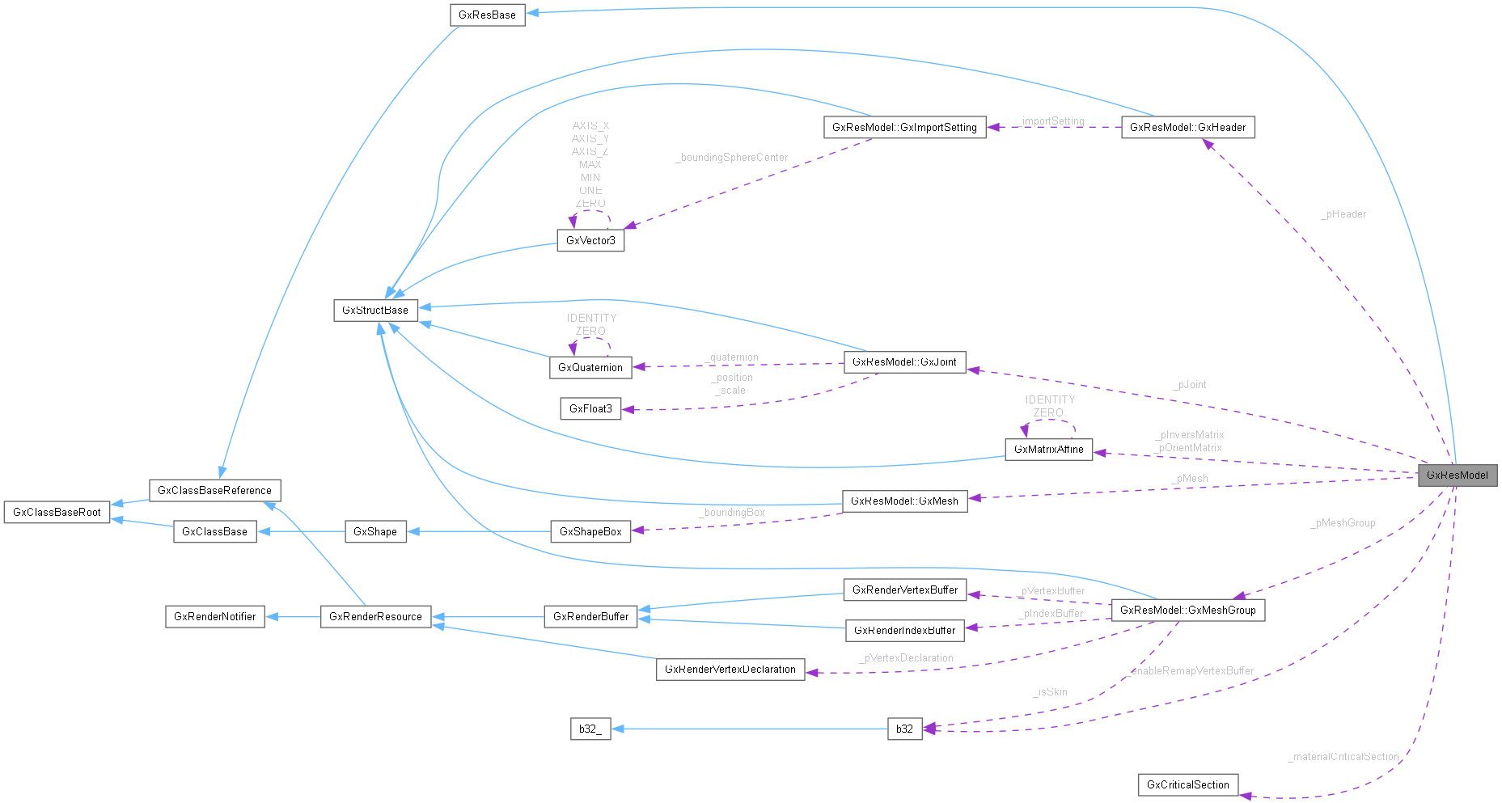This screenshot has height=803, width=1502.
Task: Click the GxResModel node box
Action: [x=1457, y=475]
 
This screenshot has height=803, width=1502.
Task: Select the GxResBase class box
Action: [x=487, y=15]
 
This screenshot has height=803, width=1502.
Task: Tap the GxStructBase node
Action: [x=375, y=310]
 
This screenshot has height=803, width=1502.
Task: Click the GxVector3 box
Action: [x=590, y=240]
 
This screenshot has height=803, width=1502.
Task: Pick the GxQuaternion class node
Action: [x=590, y=367]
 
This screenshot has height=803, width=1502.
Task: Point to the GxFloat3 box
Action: [x=590, y=408]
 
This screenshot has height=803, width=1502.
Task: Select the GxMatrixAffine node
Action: [x=1048, y=449]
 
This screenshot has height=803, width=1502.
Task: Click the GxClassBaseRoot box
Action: [x=57, y=512]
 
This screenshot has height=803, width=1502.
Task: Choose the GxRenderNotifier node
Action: [x=215, y=616]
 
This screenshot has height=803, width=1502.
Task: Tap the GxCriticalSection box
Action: [x=1187, y=784]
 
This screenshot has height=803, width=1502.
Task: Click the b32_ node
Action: [x=590, y=729]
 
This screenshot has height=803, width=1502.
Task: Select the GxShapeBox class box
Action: [x=590, y=531]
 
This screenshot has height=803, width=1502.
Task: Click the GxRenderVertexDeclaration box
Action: [x=730, y=669]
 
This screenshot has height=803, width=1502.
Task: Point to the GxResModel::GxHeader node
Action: [x=1187, y=127]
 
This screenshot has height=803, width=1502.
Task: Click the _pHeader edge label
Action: [x=1343, y=214]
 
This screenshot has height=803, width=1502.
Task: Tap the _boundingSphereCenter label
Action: [x=732, y=158]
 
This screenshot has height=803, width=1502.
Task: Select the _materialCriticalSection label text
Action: [x=1343, y=757]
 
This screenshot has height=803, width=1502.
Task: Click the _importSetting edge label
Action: [x=1051, y=121]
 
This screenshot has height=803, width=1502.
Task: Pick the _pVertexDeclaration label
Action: [x=907, y=658]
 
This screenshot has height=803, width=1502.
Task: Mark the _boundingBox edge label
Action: [x=732, y=513]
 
